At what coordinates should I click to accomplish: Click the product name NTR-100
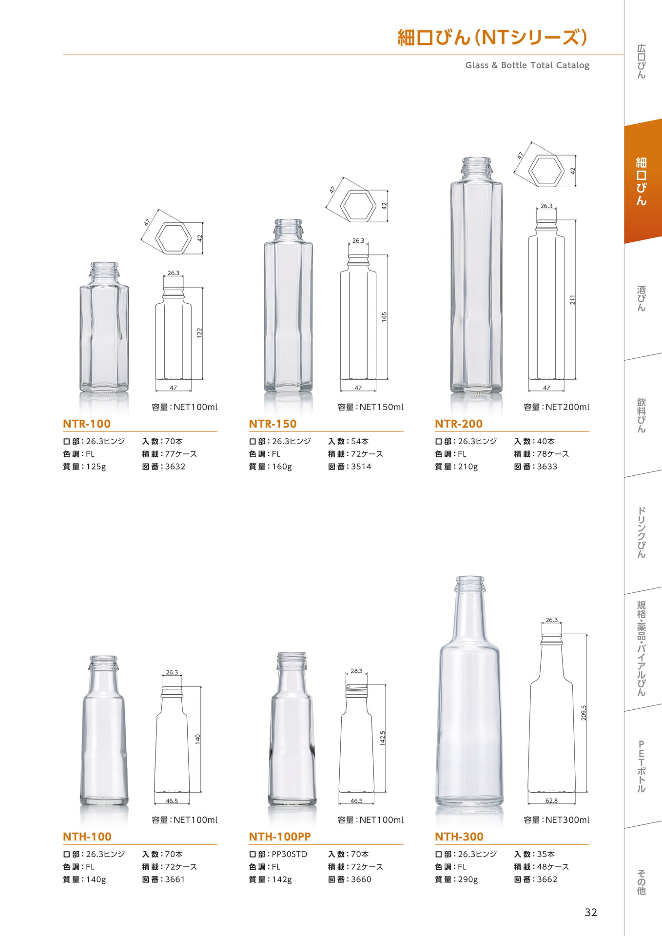click(87, 424)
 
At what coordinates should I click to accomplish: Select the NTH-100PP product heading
click(280, 837)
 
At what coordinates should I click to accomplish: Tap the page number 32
click(591, 913)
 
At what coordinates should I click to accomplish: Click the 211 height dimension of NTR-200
click(573, 300)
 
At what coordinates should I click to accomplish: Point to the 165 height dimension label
click(384, 316)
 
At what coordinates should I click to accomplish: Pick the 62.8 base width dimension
click(551, 800)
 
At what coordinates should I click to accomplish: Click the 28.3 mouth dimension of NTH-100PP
click(356, 671)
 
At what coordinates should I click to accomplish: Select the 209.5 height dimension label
click(584, 713)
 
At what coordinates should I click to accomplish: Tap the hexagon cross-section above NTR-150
click(358, 205)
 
